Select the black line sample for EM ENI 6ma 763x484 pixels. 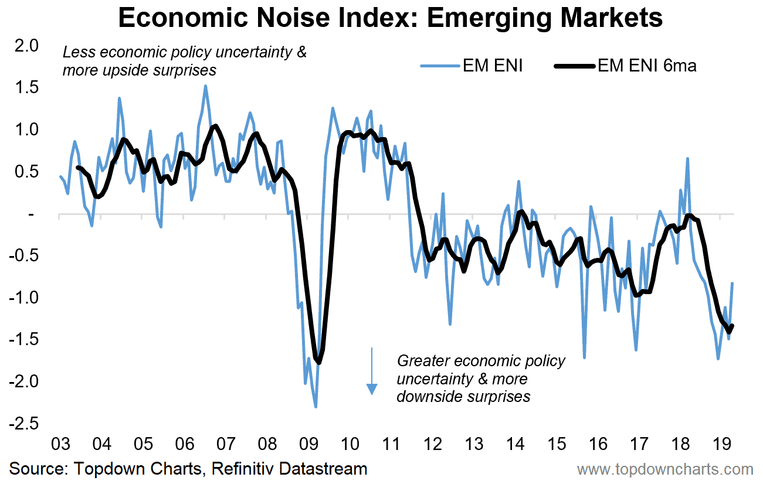[x=574, y=66]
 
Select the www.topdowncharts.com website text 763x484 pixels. [x=665, y=469]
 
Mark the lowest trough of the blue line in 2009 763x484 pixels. [x=316, y=407]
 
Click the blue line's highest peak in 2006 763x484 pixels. [x=205, y=86]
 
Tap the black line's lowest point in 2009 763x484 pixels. [x=319, y=363]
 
